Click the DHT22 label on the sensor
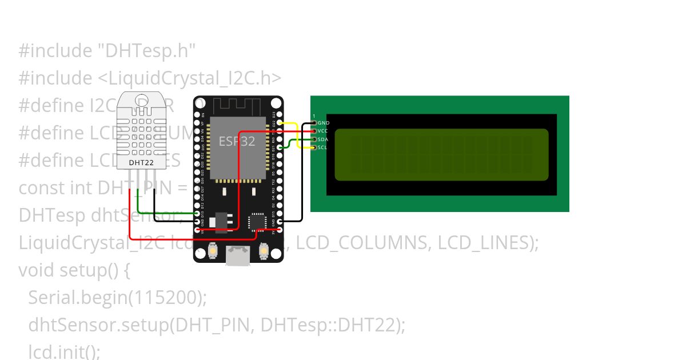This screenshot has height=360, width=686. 140,162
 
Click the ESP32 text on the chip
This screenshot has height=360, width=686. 237,141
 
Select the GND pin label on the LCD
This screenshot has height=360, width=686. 324,123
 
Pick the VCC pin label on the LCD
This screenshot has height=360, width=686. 323,131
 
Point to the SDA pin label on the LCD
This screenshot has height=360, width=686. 323,139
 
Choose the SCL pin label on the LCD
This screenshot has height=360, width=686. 322,147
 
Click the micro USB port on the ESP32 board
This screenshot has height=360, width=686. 238,255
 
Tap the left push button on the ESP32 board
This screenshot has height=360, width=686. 213,250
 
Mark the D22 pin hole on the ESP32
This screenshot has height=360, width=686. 279,123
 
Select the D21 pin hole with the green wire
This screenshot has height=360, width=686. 279,147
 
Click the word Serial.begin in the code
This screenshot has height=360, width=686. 77,298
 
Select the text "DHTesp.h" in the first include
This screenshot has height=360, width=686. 145,51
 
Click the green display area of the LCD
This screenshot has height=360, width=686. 441,154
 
